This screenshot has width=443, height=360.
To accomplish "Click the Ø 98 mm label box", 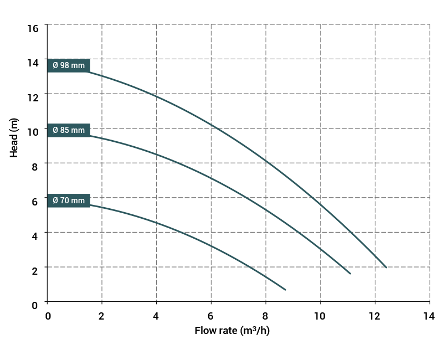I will (69, 65).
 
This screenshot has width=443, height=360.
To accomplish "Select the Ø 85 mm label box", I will (69, 130).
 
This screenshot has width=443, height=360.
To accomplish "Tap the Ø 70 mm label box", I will (69, 200).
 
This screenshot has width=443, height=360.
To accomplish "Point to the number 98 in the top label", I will (65, 65).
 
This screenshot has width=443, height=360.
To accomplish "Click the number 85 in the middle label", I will (65, 130).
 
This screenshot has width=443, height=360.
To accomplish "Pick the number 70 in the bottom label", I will (65, 200).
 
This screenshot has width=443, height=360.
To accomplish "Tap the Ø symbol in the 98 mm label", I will (55, 65).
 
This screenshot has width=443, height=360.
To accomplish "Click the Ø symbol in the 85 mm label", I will (55, 130).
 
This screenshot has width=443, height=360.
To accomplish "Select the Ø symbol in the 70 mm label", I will (55, 200).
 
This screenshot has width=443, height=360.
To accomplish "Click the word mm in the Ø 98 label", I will (78, 65).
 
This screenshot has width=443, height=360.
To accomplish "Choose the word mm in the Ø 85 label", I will (78, 130).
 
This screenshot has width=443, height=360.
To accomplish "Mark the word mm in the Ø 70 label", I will (78, 200).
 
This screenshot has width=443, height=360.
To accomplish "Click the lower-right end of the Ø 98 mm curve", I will (386, 267).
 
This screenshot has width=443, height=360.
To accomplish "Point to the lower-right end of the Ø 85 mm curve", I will (350, 273).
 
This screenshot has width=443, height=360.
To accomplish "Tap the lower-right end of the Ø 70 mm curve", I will (285, 289).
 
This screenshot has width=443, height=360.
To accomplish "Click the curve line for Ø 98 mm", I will (266, 161).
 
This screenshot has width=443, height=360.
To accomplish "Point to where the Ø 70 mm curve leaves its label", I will (90, 205).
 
